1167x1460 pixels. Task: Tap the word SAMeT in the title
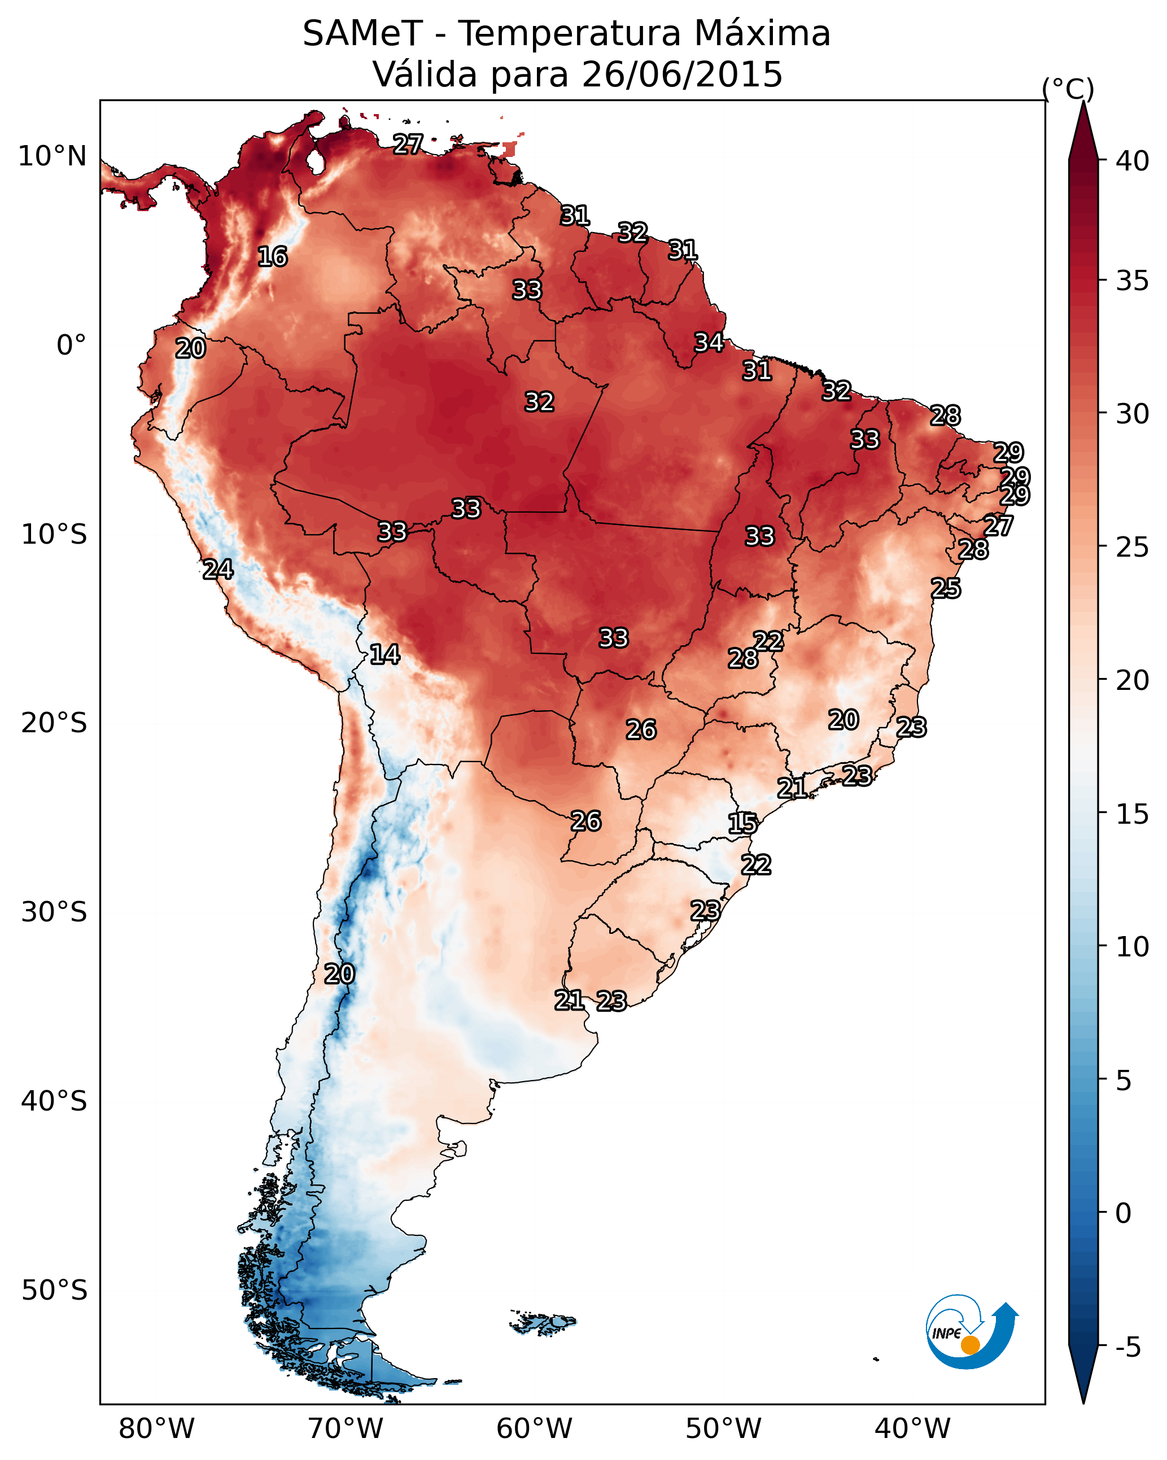[x=362, y=34]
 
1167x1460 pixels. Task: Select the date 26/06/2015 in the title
[x=681, y=75]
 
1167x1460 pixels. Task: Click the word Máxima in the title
[x=762, y=34]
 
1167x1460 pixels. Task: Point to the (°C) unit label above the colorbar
[x=1068, y=89]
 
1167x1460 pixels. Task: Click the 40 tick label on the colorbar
[x=1133, y=161]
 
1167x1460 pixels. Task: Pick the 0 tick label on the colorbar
[x=1124, y=1213]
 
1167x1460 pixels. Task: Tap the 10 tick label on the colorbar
[x=1133, y=947]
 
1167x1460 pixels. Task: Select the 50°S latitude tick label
[x=54, y=1291]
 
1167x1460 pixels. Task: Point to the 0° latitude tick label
[x=71, y=346]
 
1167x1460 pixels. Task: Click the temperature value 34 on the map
[x=709, y=343]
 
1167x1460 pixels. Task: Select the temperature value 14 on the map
[x=384, y=654]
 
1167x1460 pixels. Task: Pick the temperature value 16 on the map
[x=273, y=257]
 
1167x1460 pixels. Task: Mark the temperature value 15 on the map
[x=742, y=824]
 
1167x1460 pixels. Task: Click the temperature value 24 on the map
[x=218, y=570]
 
